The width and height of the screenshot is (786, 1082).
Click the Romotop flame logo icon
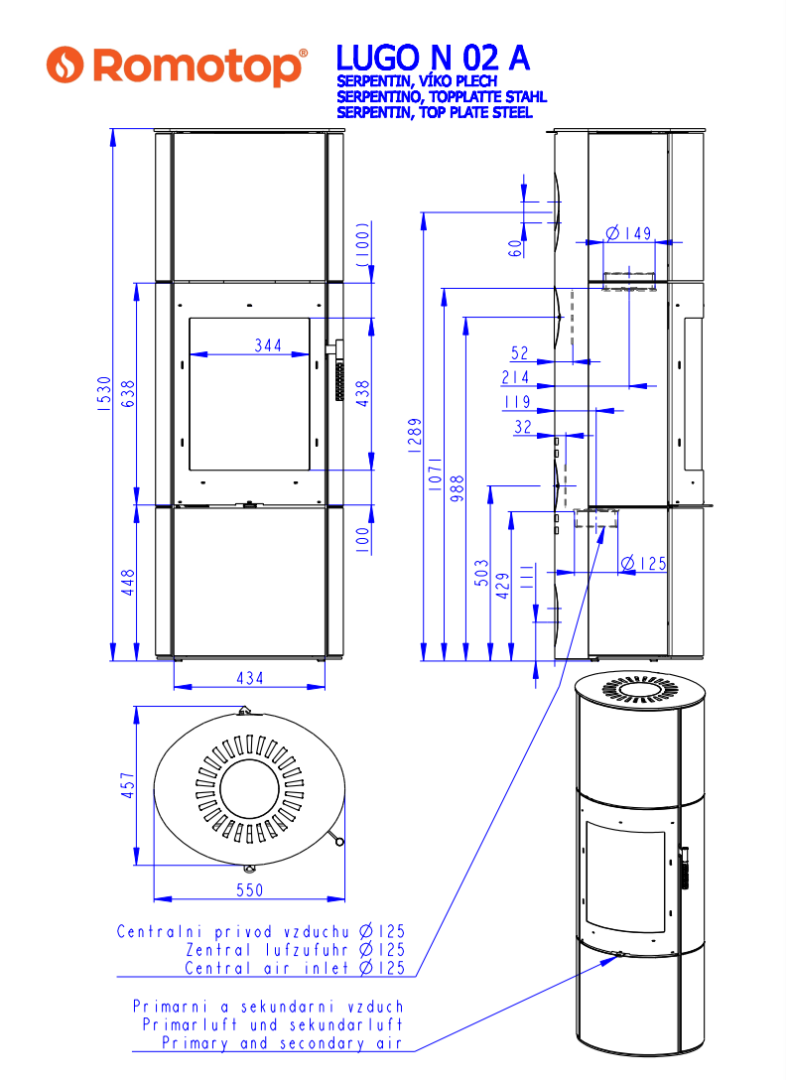click(65, 65)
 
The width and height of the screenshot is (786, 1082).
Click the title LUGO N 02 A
click(433, 58)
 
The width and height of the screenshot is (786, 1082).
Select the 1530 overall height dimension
click(104, 394)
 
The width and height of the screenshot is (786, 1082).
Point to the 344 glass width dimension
click(268, 345)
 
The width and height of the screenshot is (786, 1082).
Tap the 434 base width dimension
click(250, 678)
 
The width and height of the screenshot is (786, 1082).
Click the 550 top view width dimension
click(250, 890)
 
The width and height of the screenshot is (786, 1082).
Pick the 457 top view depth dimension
click(128, 785)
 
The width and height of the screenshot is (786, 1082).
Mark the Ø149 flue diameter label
click(628, 233)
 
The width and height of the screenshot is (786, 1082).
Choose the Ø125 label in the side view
click(644, 564)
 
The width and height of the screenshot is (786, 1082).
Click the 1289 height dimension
click(414, 436)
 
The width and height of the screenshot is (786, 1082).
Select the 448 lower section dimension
click(128, 583)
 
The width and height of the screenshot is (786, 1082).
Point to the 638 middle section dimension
click(128, 394)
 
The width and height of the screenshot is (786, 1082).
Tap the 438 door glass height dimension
click(363, 393)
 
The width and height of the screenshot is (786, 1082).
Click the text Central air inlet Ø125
click(295, 968)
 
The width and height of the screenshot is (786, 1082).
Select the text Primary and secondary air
click(282, 1043)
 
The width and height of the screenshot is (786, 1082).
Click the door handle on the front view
click(337, 370)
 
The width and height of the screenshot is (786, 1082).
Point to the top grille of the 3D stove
click(640, 689)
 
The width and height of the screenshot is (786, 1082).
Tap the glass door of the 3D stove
click(625, 877)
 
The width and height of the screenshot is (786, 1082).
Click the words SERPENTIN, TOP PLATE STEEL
click(435, 112)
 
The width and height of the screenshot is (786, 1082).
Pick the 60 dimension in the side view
click(515, 248)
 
